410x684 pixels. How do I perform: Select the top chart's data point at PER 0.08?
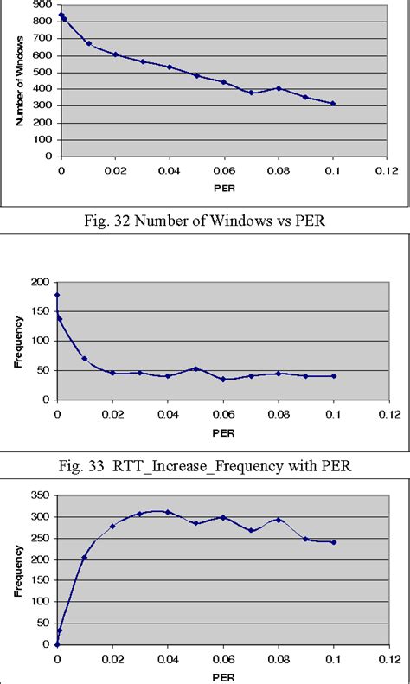[278, 88]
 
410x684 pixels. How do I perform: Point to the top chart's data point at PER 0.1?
[333, 104]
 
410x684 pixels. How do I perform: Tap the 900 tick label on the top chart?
[40, 4]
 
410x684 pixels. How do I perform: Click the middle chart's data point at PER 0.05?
[195, 368]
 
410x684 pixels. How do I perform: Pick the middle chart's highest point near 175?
[57, 295]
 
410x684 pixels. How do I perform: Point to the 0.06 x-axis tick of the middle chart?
[223, 413]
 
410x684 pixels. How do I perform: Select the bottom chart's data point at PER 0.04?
[168, 512]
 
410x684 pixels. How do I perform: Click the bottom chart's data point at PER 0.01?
[84, 557]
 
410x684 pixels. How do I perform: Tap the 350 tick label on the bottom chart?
[40, 495]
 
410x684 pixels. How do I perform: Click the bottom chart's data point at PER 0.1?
[333, 542]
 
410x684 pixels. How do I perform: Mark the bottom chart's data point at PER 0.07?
[251, 530]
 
